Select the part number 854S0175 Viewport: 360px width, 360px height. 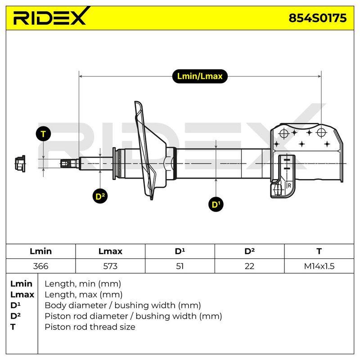pos(318,18)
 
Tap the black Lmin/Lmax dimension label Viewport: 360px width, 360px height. pos(200,76)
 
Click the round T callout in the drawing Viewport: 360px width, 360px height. pos(43,134)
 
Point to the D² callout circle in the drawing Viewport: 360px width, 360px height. pos(100,196)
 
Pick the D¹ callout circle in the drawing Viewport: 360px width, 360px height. pos(216,204)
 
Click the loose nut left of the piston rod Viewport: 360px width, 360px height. pos(20,163)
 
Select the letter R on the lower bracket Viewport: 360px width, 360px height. pos(289,185)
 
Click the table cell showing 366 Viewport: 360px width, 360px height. pos(40,266)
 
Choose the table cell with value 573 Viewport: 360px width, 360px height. pos(110,266)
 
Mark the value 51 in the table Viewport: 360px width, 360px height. pos(180,266)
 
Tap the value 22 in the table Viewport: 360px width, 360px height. pos(249,266)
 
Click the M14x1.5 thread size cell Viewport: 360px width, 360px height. pos(319,266)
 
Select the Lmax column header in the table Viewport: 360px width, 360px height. pos(110,251)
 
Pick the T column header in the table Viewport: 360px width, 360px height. pos(319,251)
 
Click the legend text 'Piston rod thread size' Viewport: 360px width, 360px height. pos(90,327)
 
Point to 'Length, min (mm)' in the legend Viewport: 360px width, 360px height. pos(83,284)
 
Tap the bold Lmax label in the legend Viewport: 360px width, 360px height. pos(22,295)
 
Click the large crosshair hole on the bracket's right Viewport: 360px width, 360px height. pos(321,132)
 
